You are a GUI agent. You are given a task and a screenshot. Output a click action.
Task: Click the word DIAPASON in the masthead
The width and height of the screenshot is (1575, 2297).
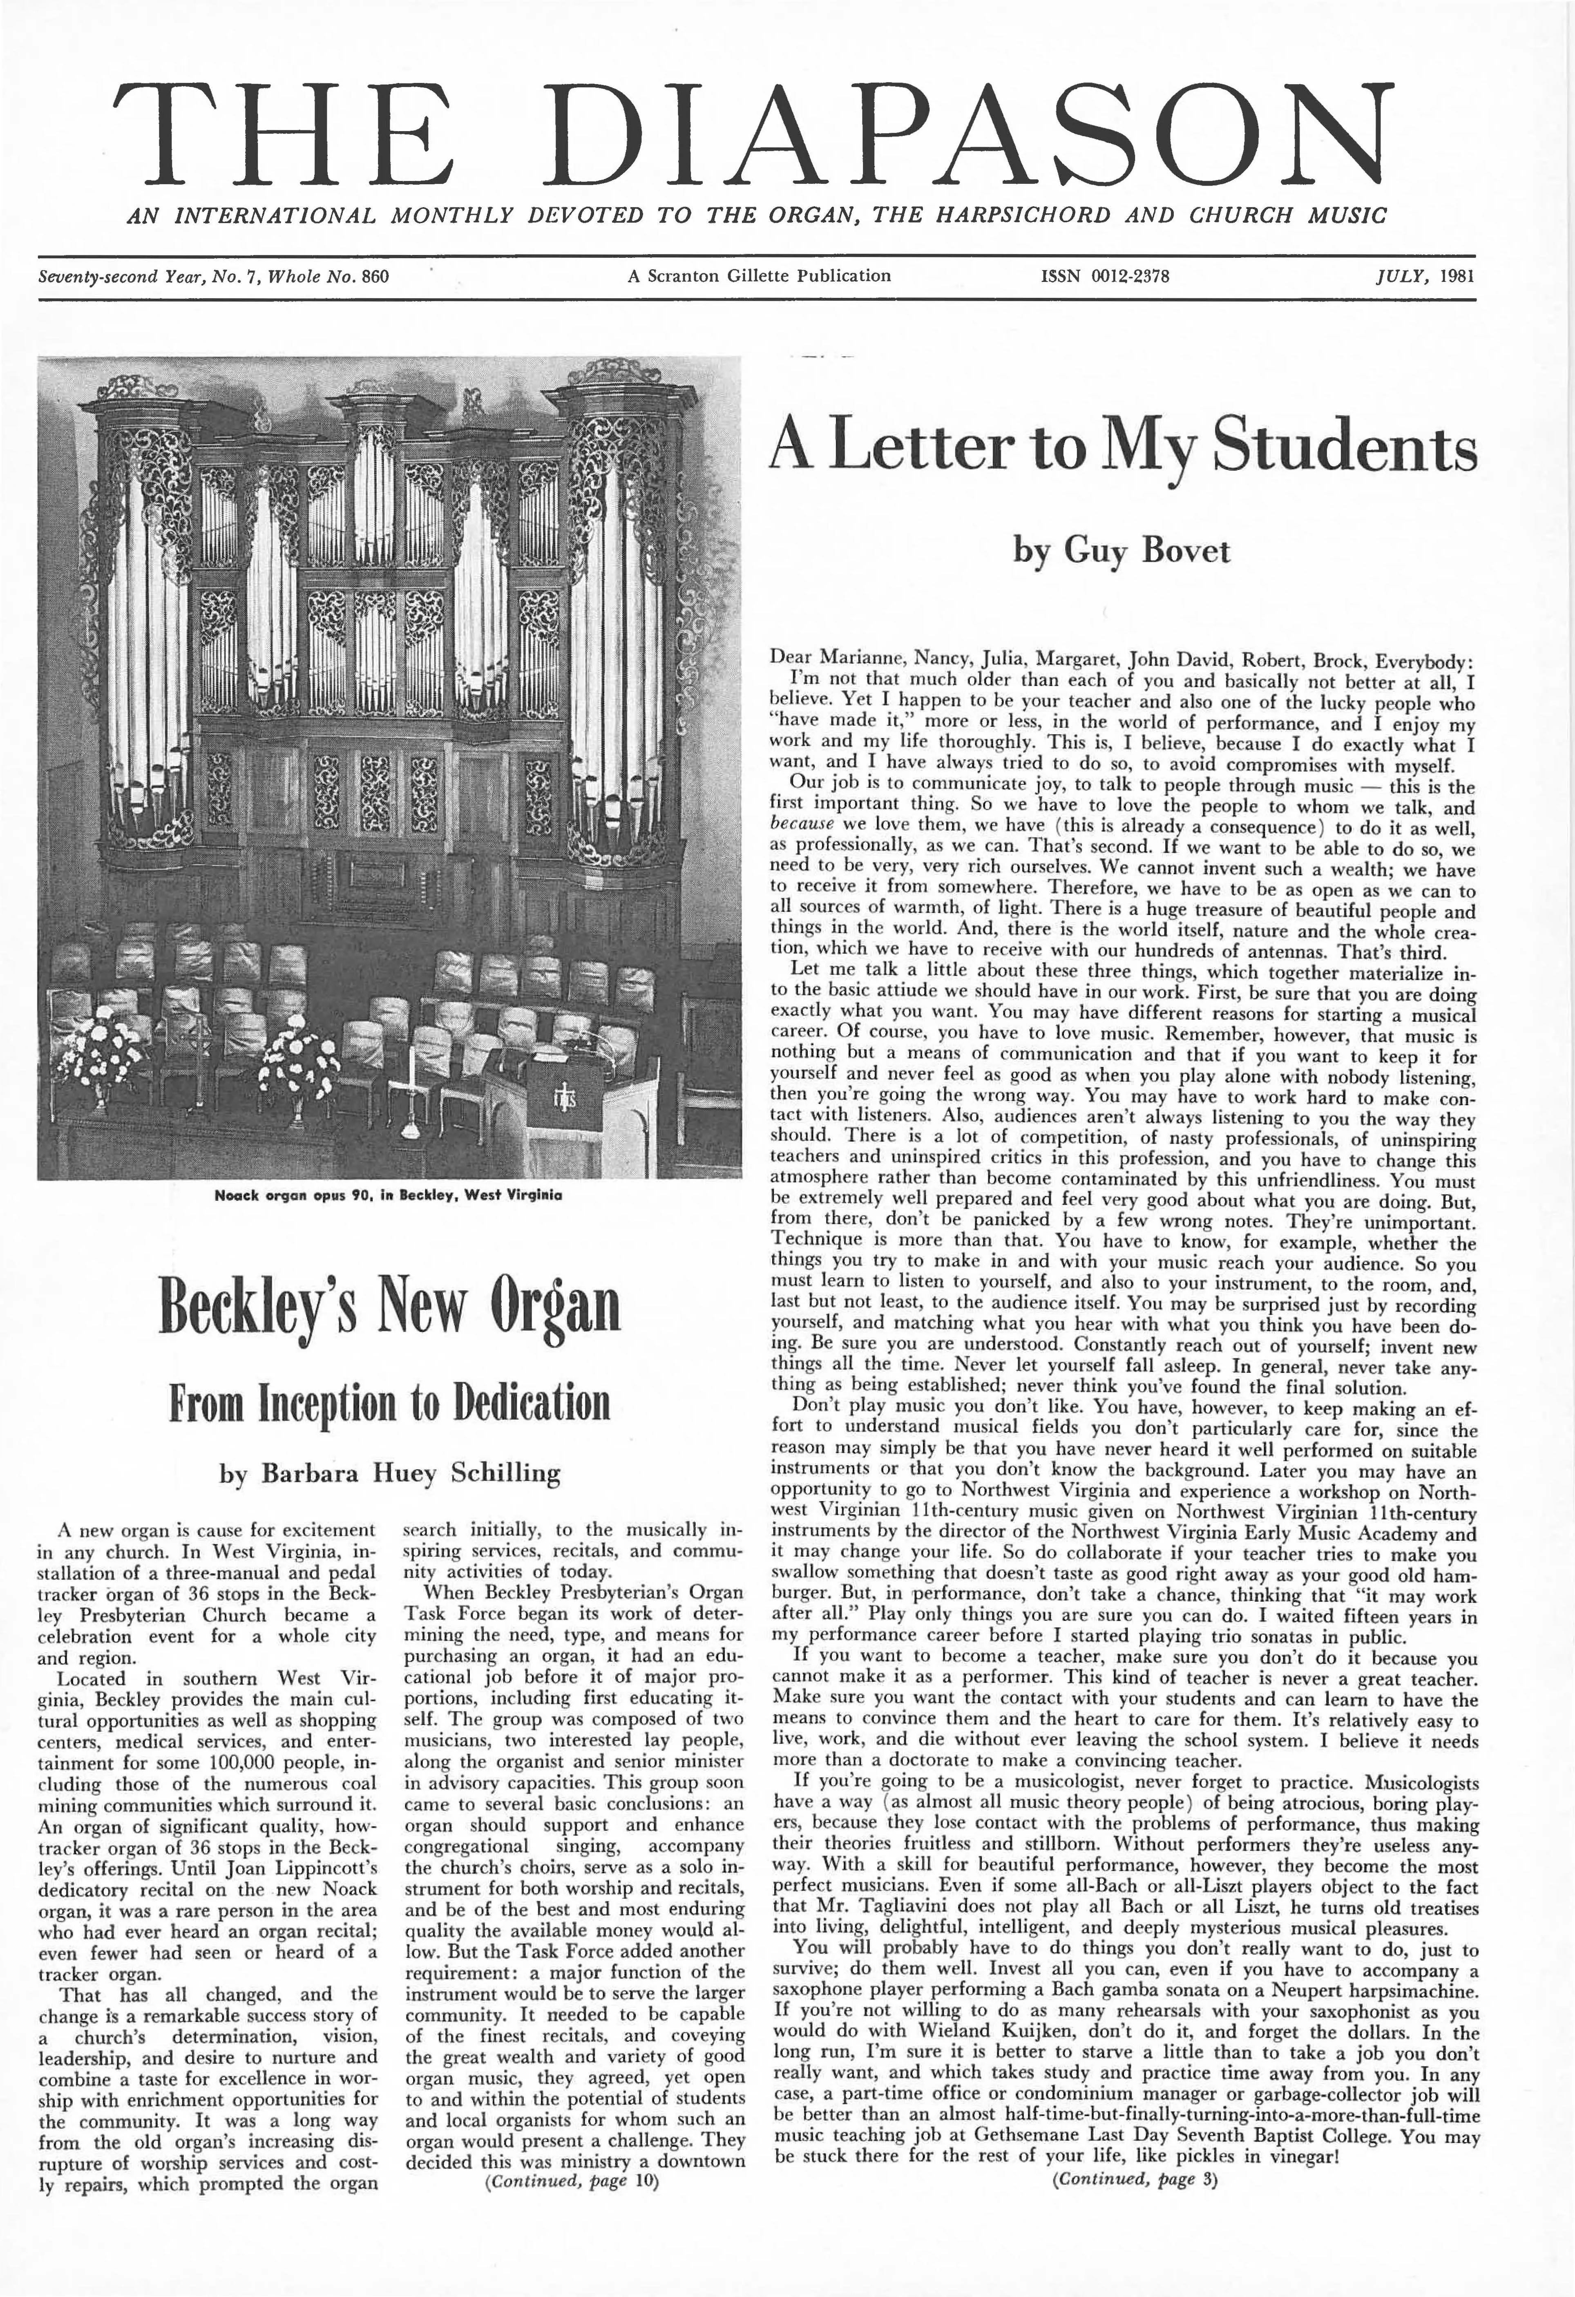point(968,135)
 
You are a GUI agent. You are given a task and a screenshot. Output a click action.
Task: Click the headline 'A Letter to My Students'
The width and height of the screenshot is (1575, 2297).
point(1122,447)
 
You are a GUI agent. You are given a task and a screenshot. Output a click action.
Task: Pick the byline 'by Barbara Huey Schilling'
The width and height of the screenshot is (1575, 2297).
point(389,1474)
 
